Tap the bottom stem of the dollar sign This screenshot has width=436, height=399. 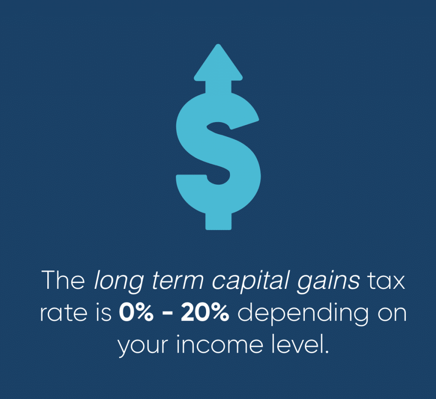pos(218,221)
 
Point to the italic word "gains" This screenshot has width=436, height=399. pos(329,282)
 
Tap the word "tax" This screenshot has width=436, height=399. pos(386,281)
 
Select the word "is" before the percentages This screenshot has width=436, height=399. pos(104,313)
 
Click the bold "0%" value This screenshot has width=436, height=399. pos(136,313)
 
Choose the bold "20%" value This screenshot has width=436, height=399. pos(205,313)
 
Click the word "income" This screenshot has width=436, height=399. pos(220,345)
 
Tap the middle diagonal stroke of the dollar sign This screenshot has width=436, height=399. pos(218,147)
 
